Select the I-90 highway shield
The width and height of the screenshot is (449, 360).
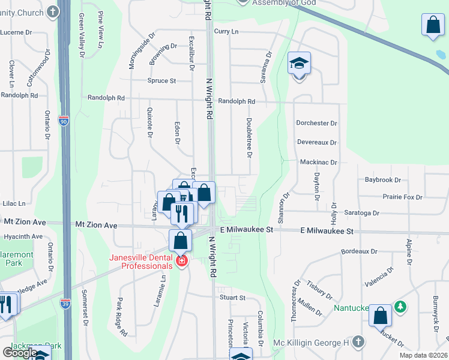(x=64, y=121)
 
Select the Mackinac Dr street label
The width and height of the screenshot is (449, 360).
(x=318, y=162)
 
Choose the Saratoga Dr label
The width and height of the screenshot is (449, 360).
(x=362, y=212)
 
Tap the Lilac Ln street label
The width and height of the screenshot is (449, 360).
(x=14, y=204)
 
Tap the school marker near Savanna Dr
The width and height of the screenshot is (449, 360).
(x=299, y=63)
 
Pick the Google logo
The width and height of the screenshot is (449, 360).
(x=20, y=353)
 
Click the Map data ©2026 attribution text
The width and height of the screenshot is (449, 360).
(x=423, y=355)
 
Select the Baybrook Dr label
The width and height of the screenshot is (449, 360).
(x=382, y=179)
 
